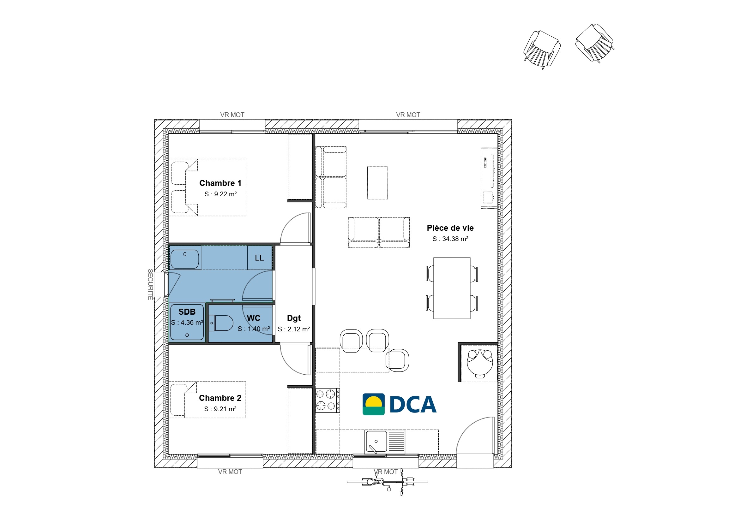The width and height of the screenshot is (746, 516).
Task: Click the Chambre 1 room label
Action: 220,183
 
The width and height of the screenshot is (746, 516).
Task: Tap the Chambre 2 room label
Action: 220,398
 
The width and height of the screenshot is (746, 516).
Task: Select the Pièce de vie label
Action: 450,228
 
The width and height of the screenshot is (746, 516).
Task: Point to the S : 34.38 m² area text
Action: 450,239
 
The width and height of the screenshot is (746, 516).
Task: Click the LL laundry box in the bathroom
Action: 259,258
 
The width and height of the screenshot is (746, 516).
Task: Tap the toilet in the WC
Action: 221,323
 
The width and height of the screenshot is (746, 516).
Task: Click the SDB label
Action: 187,312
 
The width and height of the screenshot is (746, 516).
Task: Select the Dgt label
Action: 294,318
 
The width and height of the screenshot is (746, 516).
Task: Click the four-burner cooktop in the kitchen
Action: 328,400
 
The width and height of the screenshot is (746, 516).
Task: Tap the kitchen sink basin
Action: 376,441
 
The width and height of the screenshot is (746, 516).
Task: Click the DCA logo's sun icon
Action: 374,404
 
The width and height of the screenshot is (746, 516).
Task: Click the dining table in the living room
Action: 452,288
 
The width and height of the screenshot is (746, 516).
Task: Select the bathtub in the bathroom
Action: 185,259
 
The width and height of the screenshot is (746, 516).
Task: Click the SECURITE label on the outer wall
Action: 150,285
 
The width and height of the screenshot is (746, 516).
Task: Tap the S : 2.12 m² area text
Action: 294,329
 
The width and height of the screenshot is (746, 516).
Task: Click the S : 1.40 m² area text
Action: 254,329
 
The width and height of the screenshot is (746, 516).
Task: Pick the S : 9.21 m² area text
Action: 220,409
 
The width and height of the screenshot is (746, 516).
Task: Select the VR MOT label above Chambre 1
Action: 232,115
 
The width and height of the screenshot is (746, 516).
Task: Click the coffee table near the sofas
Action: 377,183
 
